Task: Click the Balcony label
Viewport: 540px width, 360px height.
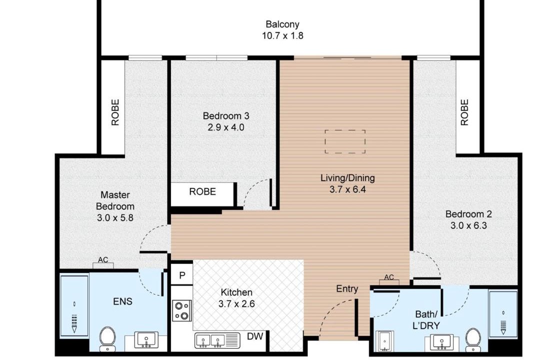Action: pyautogui.click(x=282, y=24)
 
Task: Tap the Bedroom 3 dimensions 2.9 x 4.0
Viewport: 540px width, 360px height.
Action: pyautogui.click(x=226, y=127)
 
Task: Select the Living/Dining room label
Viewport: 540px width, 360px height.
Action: pyautogui.click(x=347, y=178)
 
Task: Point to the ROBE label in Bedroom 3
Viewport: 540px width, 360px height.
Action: pyautogui.click(x=202, y=191)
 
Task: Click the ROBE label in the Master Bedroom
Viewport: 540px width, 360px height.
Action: pyautogui.click(x=115, y=112)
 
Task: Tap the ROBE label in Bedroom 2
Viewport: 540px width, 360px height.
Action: pyautogui.click(x=464, y=112)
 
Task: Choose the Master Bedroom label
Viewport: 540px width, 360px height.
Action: pyautogui.click(x=115, y=200)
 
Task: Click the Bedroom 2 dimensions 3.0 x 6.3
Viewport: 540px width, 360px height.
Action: pyautogui.click(x=468, y=225)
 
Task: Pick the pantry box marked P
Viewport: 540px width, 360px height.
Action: pyautogui.click(x=182, y=275)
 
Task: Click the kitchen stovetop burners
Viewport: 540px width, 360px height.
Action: pyautogui.click(x=182, y=310)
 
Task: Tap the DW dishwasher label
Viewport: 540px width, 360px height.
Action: pyautogui.click(x=255, y=336)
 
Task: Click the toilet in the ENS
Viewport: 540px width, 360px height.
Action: pyautogui.click(x=107, y=338)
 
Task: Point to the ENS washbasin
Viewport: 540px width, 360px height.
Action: pyautogui.click(x=146, y=339)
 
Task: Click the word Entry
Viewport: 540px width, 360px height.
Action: pyautogui.click(x=347, y=288)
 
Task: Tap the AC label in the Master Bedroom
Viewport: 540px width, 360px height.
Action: pyautogui.click(x=103, y=260)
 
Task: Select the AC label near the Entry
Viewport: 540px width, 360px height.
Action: pyautogui.click(x=389, y=277)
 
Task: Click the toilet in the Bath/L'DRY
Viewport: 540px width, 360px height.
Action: pyautogui.click(x=473, y=339)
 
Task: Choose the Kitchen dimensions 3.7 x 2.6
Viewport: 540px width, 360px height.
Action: pyautogui.click(x=236, y=304)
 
